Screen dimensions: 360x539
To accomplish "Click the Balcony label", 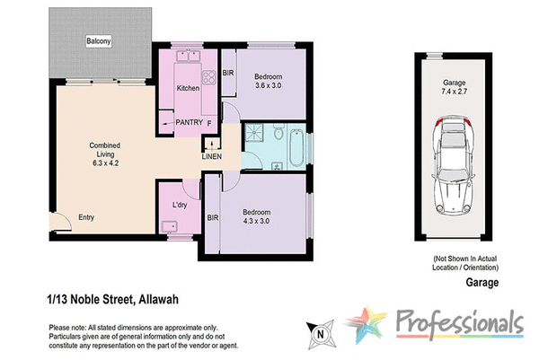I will (x=98, y=41).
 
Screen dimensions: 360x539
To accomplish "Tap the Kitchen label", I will (x=187, y=88).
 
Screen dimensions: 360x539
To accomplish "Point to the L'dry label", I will (x=179, y=206).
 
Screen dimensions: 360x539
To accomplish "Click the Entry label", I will (x=86, y=217).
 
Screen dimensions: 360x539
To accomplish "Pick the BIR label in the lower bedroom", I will (x=213, y=218).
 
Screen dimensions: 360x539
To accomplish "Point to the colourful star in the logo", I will (x=368, y=328).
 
